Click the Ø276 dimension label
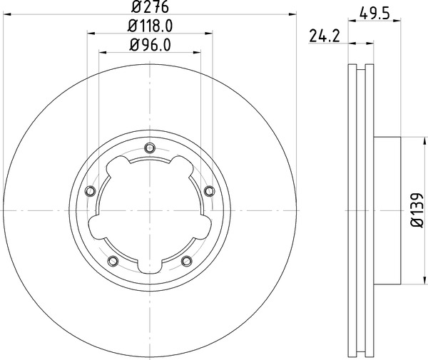pyautogui.click(x=150, y=7)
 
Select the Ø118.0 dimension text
pyautogui.click(x=150, y=26)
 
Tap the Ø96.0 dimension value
pyautogui.click(x=150, y=45)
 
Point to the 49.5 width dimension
pyautogui.click(x=374, y=13)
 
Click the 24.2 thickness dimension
pyautogui.click(x=325, y=36)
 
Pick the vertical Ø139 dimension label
pyautogui.click(x=417, y=210)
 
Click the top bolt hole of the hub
pyautogui.click(x=150, y=148)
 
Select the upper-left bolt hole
pyautogui.click(x=90, y=190)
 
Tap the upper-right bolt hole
pyautogui.click(x=209, y=190)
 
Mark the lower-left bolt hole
pyautogui.click(x=113, y=261)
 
